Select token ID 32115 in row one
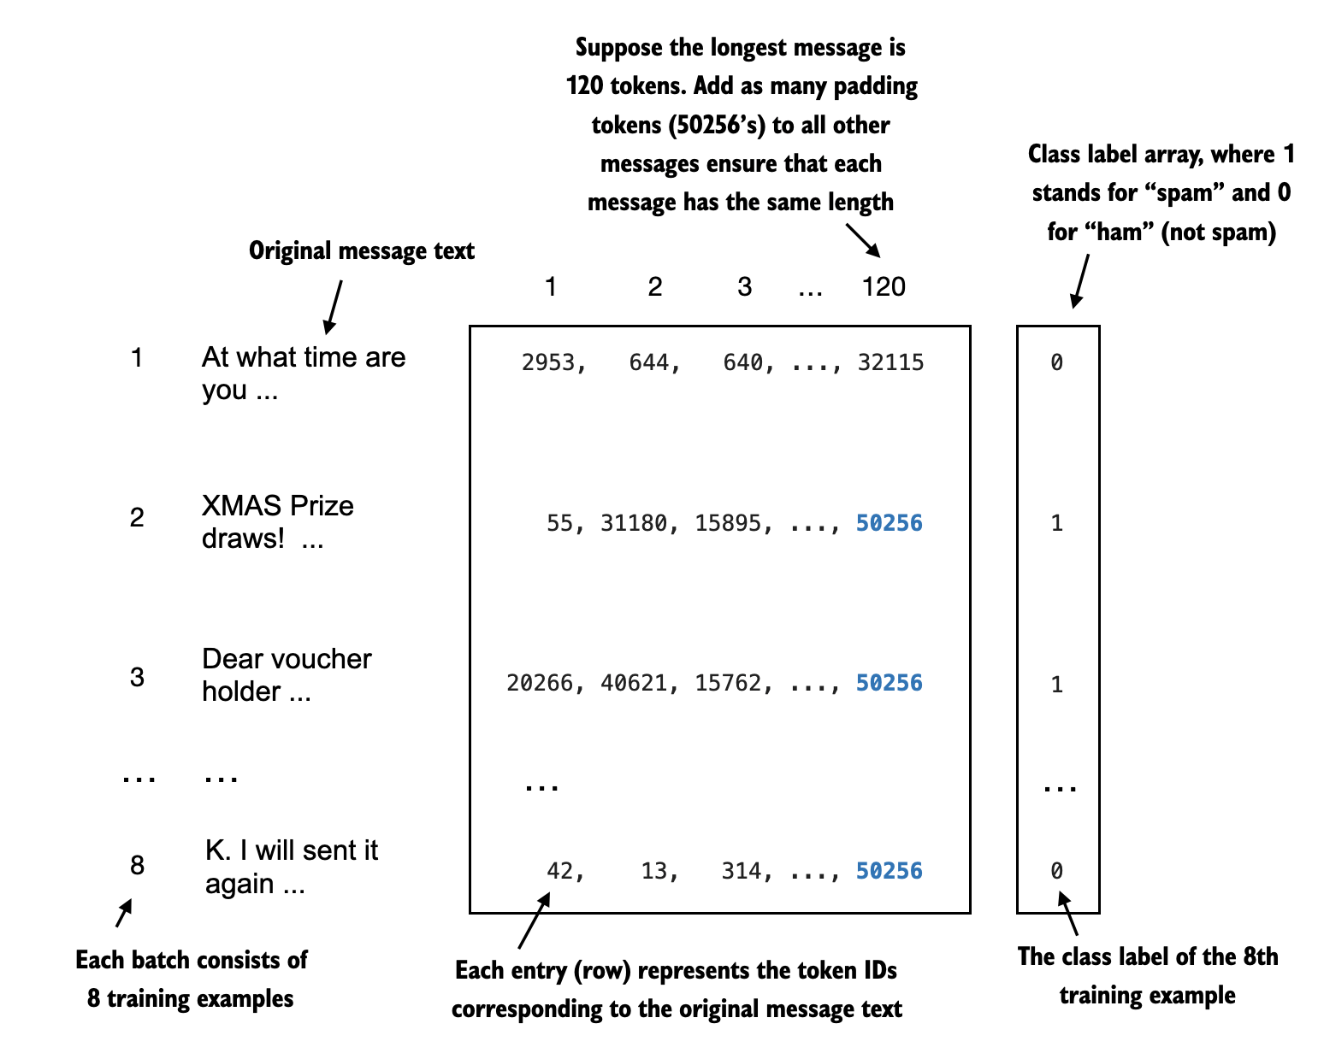pos(890,362)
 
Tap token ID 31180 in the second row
pos(634,523)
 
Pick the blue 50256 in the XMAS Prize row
pos(890,523)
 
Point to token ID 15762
pos(728,683)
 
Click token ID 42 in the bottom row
pos(560,871)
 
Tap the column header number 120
pos(884,286)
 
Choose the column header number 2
pos(655,286)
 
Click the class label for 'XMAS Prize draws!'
pos(1057,523)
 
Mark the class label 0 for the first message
pos(1057,362)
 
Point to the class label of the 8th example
pos(1057,871)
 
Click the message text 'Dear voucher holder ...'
pos(287,675)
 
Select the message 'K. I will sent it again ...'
pos(291,867)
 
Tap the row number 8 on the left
pos(137,866)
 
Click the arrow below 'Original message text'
pos(334,307)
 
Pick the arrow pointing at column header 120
pos(863,240)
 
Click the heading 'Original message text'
pos(362,250)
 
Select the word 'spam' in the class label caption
pos(1191,192)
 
